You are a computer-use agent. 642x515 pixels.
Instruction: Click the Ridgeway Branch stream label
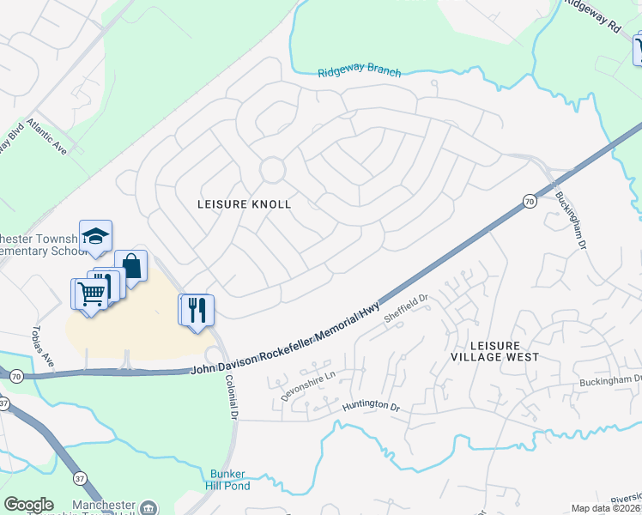coord(359,72)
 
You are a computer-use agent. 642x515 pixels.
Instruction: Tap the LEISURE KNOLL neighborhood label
coord(245,204)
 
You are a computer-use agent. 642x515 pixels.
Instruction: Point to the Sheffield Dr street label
coord(405,307)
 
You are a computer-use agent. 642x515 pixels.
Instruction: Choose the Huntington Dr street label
coord(372,406)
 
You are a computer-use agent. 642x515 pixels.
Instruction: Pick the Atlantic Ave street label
coord(45,137)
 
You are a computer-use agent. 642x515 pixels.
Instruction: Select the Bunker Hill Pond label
coord(228,480)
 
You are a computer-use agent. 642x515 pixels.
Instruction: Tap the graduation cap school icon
coord(95,235)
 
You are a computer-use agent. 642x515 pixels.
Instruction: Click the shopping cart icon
coord(91,294)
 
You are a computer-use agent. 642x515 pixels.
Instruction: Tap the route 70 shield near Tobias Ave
coord(16,376)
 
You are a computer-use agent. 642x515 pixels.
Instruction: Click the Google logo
coord(29,505)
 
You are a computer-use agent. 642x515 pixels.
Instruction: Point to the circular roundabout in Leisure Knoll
coord(273,170)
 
